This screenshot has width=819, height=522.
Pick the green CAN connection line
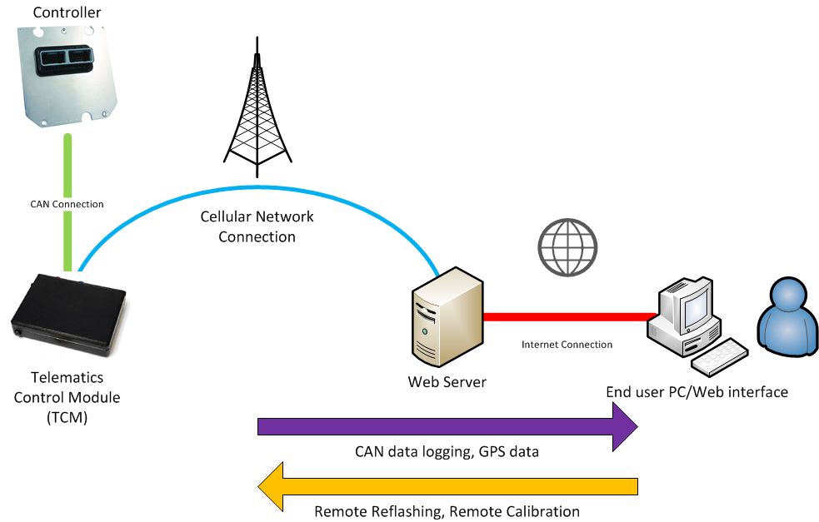pos(67,167)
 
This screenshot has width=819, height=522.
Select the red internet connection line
pos(567,316)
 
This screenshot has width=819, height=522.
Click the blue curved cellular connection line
pos(250,179)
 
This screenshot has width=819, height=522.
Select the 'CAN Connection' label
pos(67,204)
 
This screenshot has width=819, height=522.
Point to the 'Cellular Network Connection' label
pos(257,226)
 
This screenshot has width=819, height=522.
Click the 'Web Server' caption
pos(447,383)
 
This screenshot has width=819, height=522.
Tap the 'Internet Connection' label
pos(567,344)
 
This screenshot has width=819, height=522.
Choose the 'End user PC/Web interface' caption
pos(697,391)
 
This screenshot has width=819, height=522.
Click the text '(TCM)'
pos(67,418)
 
